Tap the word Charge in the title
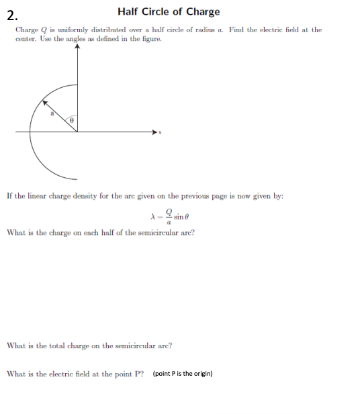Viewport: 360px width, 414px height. [204, 11]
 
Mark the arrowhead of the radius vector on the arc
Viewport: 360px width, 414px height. [45, 103]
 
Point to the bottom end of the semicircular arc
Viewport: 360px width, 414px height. [76, 179]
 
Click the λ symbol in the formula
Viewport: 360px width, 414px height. [154, 216]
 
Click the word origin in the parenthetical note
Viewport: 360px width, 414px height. [201, 374]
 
